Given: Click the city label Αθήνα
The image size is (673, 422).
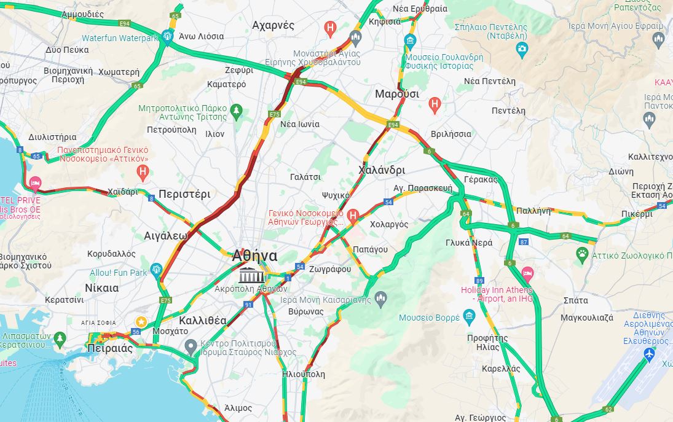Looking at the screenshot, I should pos(254,256).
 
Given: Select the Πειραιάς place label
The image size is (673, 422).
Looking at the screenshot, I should pos(111,348).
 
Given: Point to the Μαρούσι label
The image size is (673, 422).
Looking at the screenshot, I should pos(396,94).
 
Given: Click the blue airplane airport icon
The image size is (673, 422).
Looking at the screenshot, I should pos(649,354).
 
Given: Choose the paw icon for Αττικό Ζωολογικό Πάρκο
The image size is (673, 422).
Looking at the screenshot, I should pos(582,253).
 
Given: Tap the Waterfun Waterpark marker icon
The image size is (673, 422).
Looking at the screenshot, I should pos(167,37).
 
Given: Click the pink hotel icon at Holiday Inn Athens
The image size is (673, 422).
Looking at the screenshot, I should pos(527,273).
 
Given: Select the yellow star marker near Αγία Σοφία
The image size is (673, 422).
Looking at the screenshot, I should pos(141,321).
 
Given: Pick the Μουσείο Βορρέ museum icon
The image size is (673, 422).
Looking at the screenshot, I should pos(470,318).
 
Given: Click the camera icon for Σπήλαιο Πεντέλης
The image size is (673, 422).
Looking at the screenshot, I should pos(522,49).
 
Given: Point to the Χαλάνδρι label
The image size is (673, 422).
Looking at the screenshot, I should pos(381,170).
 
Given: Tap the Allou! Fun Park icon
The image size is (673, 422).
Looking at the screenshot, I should pos(156,269).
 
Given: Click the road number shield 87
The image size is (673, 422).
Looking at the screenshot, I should pos(524,242).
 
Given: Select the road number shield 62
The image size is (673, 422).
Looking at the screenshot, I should pos(608,409).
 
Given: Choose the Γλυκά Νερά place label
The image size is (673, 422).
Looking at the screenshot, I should pos(468,243).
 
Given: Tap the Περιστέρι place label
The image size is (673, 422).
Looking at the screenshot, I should pos(184,194).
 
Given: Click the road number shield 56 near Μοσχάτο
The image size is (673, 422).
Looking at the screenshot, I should pos(136,332).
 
